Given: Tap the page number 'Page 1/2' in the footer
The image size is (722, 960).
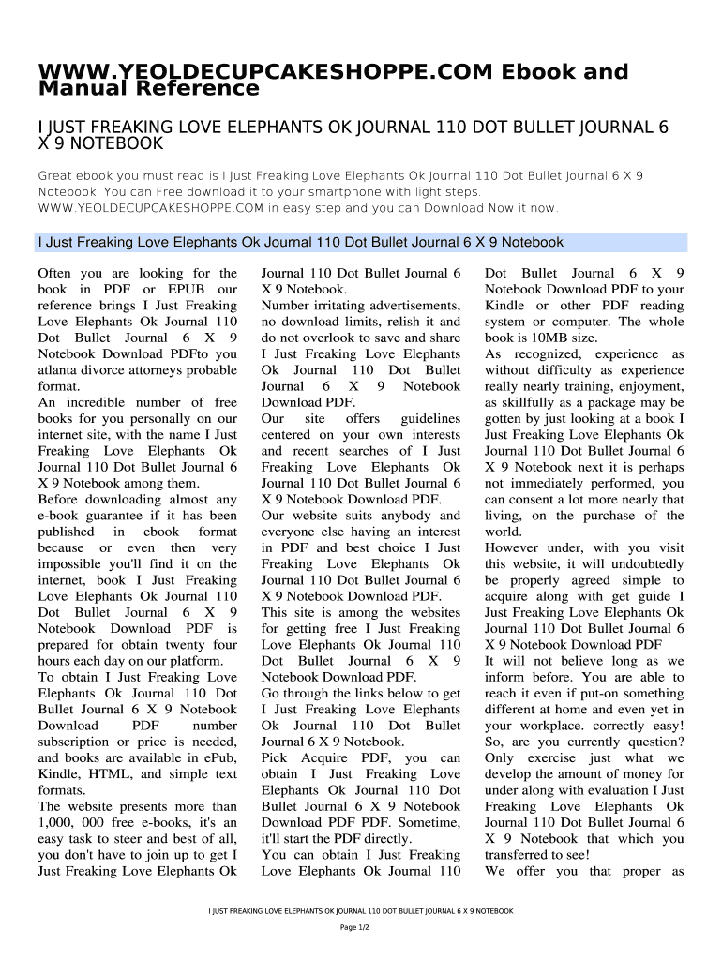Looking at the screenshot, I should (360, 927).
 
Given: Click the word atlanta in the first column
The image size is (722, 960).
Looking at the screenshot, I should (60, 370).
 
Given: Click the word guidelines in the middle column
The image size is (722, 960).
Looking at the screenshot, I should (430, 419).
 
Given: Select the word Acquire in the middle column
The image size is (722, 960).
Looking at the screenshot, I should (326, 757).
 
